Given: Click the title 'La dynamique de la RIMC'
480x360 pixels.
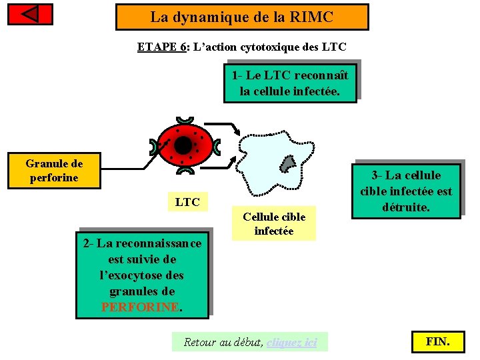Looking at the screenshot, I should point(241,17).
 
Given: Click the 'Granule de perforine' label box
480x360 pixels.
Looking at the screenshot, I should point(54,171).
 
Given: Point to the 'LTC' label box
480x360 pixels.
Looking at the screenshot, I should point(187,202).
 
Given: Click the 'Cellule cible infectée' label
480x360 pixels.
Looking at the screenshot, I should point(274,224).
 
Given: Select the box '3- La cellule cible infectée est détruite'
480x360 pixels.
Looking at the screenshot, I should point(406,191).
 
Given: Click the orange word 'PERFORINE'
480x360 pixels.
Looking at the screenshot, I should point(139,307).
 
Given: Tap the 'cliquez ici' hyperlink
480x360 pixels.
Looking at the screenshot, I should point(291,343).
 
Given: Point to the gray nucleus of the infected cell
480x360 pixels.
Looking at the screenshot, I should point(287,163).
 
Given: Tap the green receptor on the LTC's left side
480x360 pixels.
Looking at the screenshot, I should point(158,147).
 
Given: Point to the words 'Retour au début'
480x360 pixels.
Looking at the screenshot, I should point(223,343).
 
